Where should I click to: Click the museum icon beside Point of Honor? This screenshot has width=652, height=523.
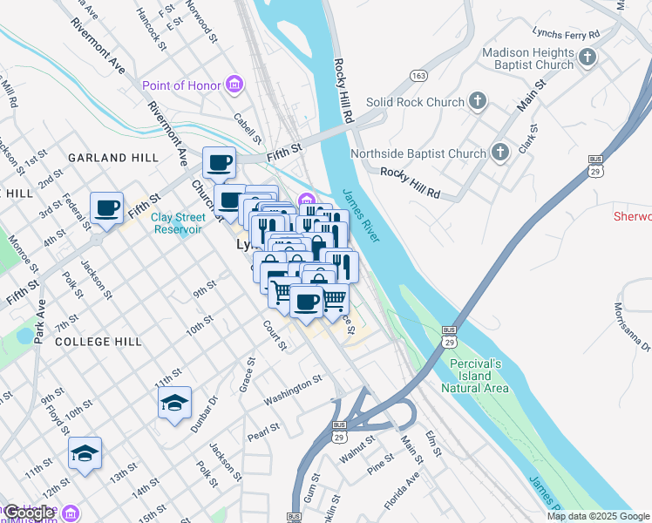click(x=234, y=85)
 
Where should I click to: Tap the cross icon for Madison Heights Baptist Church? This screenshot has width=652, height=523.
click(x=587, y=58)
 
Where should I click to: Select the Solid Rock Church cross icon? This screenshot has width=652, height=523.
click(x=477, y=102)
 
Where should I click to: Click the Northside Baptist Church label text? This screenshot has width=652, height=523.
click(x=418, y=154)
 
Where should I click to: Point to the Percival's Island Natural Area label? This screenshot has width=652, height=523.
click(x=479, y=375)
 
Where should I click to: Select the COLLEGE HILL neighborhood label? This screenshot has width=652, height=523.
click(x=98, y=342)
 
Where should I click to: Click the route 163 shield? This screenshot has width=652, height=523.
click(x=420, y=76)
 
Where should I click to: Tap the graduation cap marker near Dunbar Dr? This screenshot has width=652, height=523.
click(x=174, y=403)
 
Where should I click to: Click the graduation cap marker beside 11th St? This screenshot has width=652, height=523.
click(x=85, y=452)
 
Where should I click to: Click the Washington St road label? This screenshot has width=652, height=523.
click(x=293, y=384)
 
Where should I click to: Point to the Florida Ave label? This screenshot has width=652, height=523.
click(x=403, y=491)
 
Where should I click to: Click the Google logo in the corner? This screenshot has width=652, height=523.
click(x=28, y=513)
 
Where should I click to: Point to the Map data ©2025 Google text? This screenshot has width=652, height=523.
click(x=598, y=516)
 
